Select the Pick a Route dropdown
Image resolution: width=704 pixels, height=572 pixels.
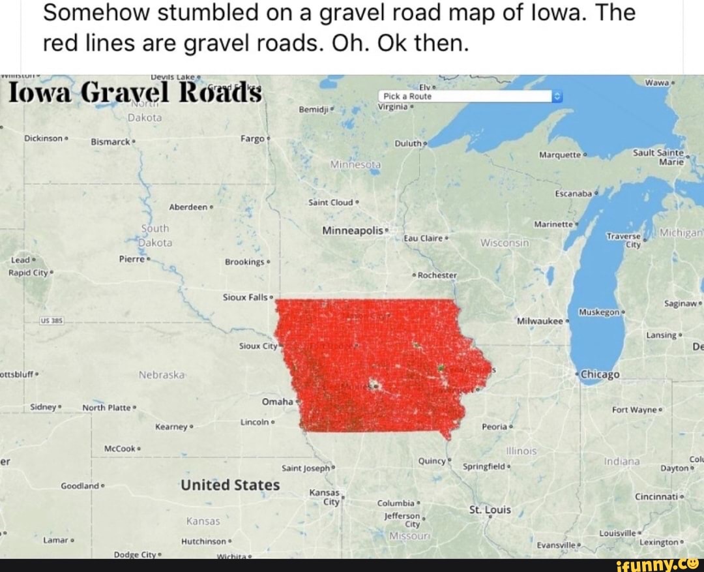469,97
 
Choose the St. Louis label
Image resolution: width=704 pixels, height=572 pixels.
490,509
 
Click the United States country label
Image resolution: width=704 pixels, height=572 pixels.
230,485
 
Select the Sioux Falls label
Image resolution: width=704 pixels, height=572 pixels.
246,297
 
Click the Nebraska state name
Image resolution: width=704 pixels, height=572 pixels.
162,375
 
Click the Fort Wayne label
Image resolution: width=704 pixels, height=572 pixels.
636,410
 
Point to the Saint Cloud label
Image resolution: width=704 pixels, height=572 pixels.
331,202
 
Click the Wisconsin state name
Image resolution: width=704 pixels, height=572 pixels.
504,243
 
